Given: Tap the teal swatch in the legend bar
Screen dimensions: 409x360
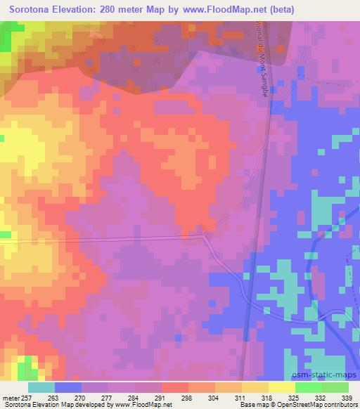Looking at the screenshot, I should click(x=41, y=387).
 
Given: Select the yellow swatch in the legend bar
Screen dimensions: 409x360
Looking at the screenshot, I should click(x=282, y=387).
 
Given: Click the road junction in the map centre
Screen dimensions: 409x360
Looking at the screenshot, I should click(x=204, y=235).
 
